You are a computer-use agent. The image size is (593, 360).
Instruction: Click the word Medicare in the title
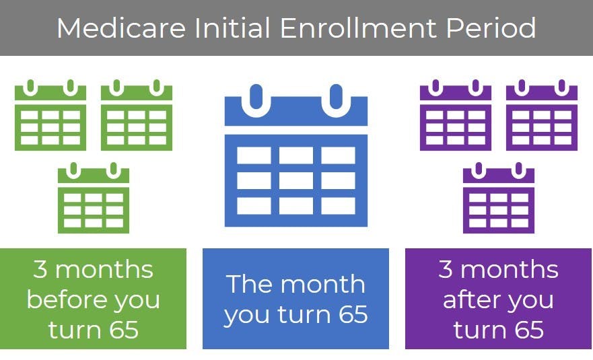tap(121, 28)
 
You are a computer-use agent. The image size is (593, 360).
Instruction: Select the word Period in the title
tap(491, 28)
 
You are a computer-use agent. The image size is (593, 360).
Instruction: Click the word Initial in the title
tap(232, 28)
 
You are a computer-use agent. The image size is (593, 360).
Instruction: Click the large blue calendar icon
tap(296, 155)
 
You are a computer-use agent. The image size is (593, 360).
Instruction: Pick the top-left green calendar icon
tap(50, 115)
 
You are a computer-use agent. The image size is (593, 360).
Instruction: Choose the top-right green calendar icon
tap(137, 115)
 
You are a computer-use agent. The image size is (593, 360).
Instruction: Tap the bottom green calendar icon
tap(94, 198)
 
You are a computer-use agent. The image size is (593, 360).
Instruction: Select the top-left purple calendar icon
tap(456, 115)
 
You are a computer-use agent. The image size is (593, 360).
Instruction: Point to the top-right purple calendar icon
tap(542, 115)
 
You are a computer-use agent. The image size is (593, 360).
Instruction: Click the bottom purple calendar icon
tap(499, 198)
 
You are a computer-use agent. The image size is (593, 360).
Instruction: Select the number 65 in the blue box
tap(353, 314)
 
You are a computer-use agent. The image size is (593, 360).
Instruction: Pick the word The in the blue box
tap(248, 284)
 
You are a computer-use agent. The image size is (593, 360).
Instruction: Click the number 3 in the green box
tap(40, 269)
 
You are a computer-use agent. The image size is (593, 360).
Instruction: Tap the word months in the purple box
tap(510, 269)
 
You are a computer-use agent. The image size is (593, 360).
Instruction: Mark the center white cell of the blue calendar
tap(296, 181)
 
